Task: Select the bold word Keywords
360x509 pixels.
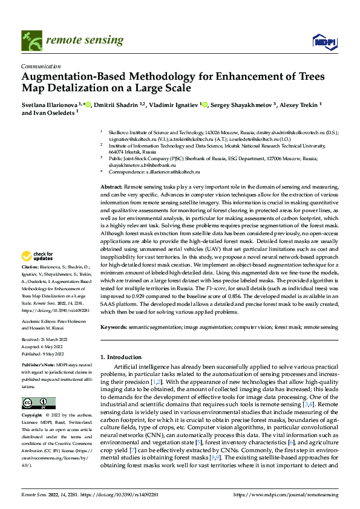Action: pos(113,327)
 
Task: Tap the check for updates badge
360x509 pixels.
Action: pos(39,257)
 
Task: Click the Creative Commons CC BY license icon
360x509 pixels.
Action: pos(38,403)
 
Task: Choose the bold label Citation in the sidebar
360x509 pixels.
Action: pos(30,266)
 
